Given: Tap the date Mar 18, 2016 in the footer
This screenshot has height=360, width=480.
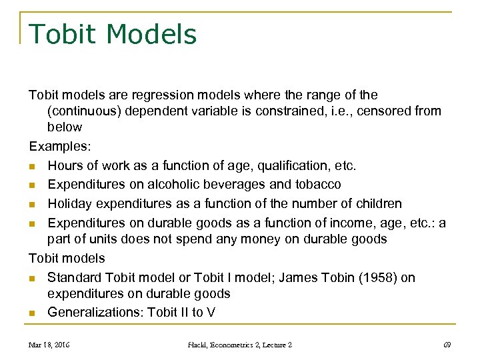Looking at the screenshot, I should pos(50,345).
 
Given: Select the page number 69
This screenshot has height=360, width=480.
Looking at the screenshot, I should pos(447,345).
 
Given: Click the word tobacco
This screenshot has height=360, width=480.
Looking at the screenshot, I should pos(317,184).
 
